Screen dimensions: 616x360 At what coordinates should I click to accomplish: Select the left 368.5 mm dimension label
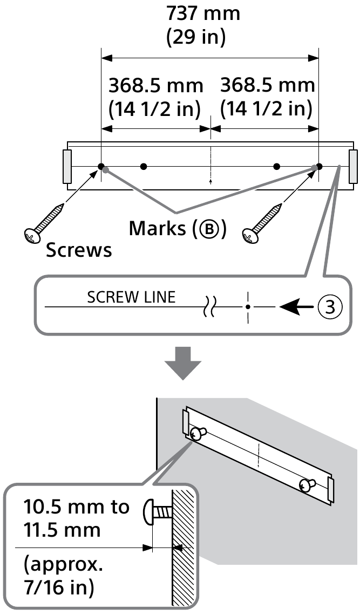[156, 85]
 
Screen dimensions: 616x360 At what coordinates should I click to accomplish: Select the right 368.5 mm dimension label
[267, 85]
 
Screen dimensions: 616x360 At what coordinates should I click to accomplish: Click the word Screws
[79, 250]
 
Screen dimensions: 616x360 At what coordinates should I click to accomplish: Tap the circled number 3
[329, 307]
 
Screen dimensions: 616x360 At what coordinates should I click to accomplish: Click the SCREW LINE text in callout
[131, 298]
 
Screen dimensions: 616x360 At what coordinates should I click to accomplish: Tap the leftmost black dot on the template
[101, 166]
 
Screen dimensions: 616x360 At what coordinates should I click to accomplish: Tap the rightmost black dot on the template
[319, 166]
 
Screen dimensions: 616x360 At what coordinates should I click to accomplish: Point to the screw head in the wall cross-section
[149, 511]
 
